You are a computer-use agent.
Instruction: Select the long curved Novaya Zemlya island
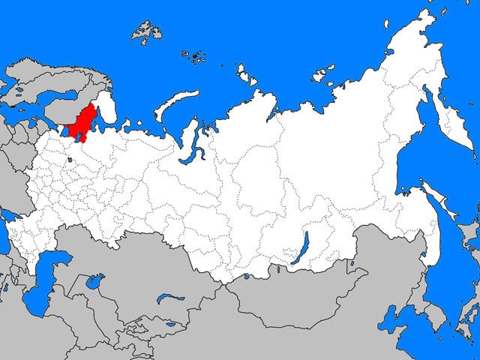click(174, 104)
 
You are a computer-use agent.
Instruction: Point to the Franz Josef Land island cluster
click(196, 55)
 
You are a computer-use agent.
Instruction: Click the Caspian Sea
click(41, 281)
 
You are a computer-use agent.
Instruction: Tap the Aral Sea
click(94, 284)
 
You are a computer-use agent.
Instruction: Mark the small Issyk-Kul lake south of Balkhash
click(171, 325)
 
